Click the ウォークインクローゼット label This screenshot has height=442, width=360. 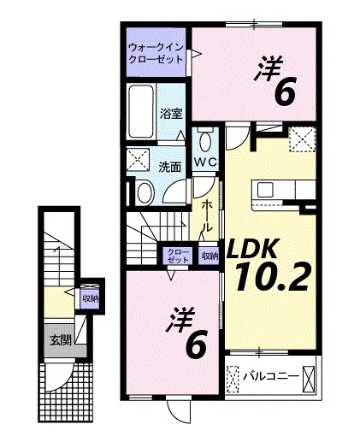coord(156,54)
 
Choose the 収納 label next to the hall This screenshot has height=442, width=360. coord(210,255)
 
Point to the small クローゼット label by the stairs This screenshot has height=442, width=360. coord(179,255)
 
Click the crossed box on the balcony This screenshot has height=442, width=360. coord(309,375)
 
